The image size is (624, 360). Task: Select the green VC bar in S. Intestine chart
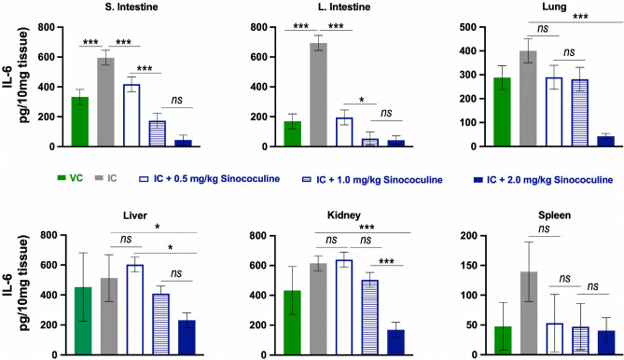point(80,122)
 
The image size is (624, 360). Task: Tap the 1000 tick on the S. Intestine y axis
point(51,29)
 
